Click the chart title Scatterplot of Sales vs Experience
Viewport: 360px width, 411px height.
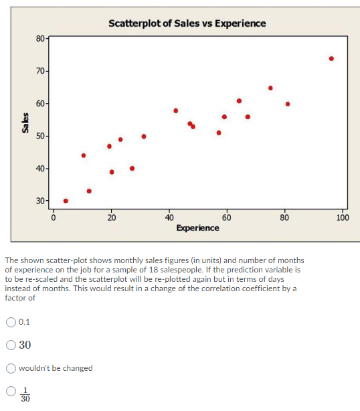point(187,23)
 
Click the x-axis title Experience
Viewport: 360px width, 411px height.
point(197,228)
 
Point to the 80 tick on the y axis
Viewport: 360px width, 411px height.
point(40,38)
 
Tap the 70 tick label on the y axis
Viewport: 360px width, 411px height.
point(40,71)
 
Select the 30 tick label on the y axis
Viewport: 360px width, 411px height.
point(40,201)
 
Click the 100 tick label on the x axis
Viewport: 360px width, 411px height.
point(342,218)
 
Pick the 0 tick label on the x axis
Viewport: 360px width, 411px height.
point(53,218)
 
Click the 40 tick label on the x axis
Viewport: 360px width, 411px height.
point(169,218)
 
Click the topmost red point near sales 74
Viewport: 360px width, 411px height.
point(331,58)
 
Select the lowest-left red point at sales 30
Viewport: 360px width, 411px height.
point(66,201)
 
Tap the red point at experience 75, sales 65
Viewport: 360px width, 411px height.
point(270,88)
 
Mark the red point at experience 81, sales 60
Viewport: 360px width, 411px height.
point(288,104)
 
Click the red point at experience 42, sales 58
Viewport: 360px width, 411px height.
point(175,110)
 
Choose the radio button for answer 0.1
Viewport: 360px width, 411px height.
point(11,322)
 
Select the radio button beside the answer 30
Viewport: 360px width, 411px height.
point(11,345)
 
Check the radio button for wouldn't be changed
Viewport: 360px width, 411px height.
point(11,368)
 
